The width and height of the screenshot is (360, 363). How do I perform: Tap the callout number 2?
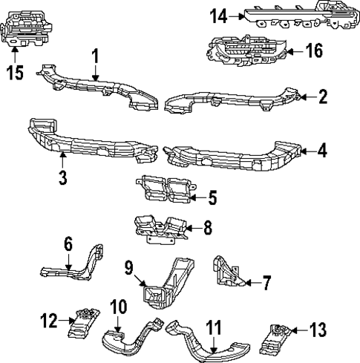pos(323,97)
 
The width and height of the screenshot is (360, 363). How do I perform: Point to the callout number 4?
pos(321,150)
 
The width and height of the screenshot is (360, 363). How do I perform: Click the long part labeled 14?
pos(297,17)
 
